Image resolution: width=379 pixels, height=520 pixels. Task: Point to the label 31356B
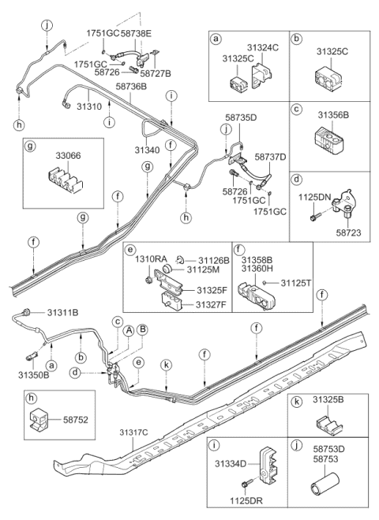[x=334, y=115]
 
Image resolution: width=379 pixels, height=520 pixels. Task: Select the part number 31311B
[x=62, y=312]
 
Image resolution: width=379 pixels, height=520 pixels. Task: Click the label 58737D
[x=271, y=157]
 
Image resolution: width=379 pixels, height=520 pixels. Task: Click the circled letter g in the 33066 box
[x=29, y=147]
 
